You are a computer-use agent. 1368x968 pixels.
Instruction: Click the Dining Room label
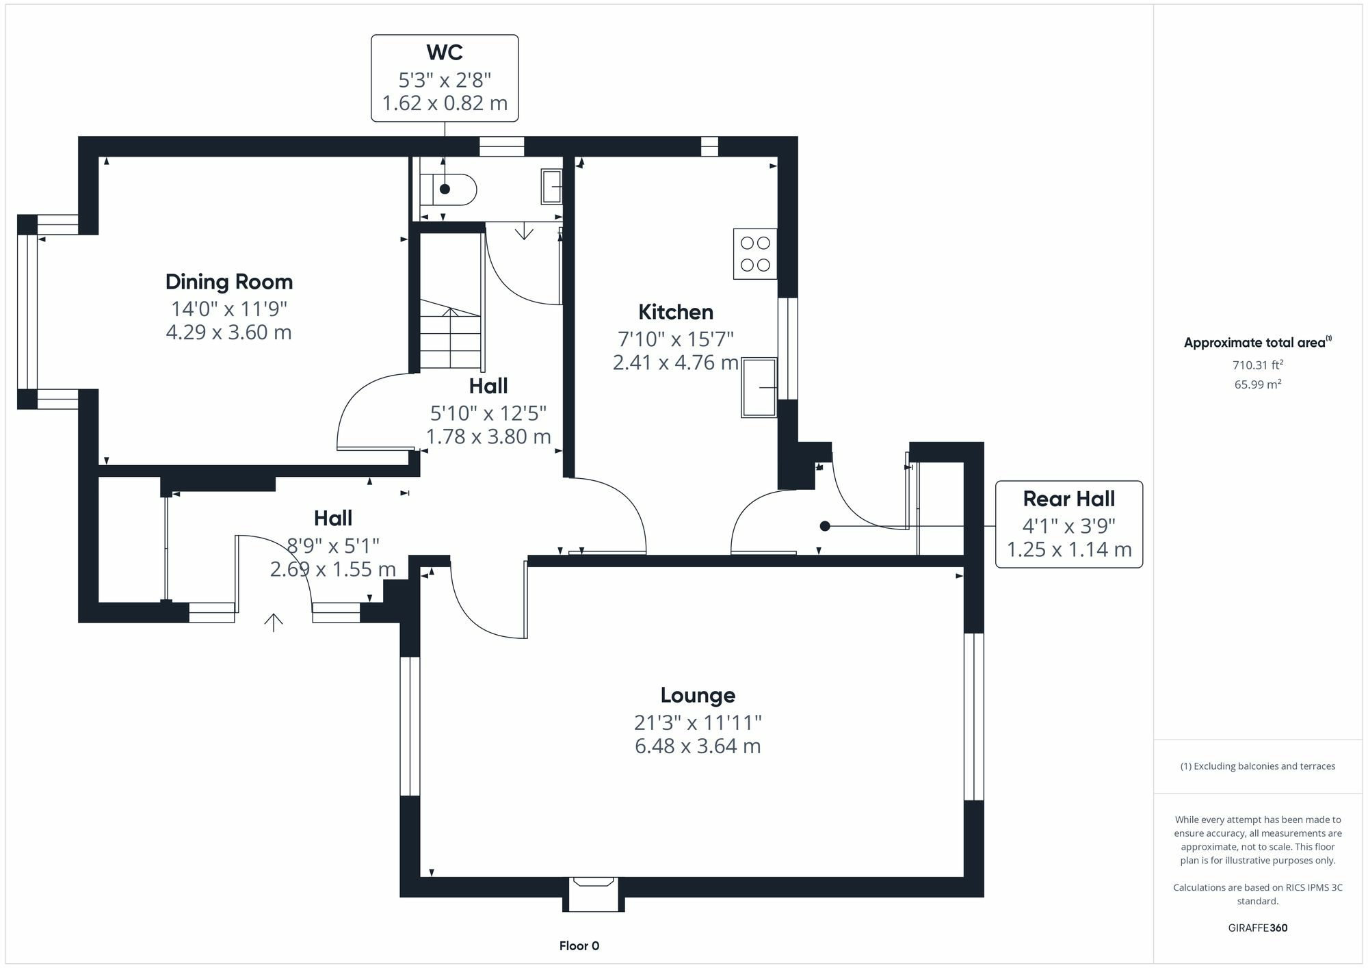(x=229, y=282)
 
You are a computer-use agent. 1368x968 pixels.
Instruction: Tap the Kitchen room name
(x=676, y=312)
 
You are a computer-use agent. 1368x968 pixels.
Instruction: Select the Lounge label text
(x=698, y=695)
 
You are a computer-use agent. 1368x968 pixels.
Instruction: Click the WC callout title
(x=445, y=52)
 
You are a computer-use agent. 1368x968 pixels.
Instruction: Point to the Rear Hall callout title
(x=1069, y=499)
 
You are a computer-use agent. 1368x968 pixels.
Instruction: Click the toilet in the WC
(x=448, y=189)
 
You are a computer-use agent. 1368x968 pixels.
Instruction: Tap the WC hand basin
(x=551, y=186)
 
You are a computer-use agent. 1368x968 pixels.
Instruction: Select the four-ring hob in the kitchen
(x=755, y=254)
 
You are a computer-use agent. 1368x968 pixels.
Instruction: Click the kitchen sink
(x=759, y=387)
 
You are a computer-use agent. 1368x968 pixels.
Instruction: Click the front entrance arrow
(x=274, y=622)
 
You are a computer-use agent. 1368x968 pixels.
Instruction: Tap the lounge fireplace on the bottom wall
(x=594, y=894)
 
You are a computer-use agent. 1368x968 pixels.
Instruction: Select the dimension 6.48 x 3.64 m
(x=698, y=746)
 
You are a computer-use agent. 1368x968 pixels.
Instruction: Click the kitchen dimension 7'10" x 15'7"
(x=676, y=339)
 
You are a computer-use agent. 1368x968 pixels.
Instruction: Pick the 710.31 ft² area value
(x=1258, y=365)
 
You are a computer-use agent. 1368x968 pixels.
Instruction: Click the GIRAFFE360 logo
(x=1258, y=928)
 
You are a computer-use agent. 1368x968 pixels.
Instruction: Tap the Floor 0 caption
(x=579, y=946)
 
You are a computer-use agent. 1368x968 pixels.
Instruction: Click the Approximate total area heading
(x=1258, y=342)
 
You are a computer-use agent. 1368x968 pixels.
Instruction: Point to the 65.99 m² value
(x=1258, y=384)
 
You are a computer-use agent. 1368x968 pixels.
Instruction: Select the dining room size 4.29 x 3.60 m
(x=229, y=332)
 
